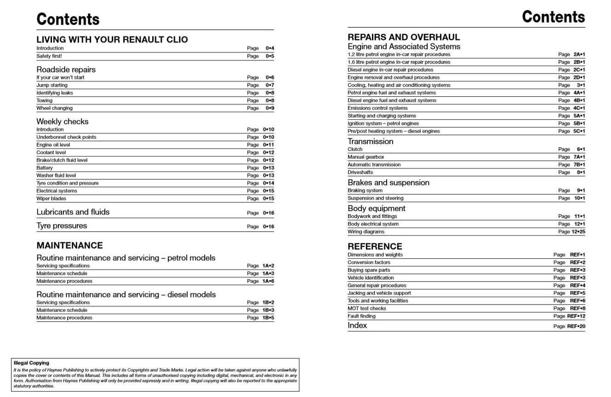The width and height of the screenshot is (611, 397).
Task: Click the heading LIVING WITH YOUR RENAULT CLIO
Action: tap(112, 39)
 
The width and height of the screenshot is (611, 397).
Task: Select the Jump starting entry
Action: tap(52, 85)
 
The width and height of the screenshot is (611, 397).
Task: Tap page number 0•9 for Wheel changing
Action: tap(269, 108)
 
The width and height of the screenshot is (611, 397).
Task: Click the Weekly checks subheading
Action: tap(63, 122)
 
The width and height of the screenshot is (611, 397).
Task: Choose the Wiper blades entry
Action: tap(51, 199)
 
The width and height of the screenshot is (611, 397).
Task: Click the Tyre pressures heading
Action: tap(62, 226)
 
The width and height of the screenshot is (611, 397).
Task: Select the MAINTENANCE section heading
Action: tap(70, 245)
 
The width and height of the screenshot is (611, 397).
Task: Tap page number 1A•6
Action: tap(268, 281)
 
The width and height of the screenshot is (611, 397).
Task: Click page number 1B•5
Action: tap(268, 318)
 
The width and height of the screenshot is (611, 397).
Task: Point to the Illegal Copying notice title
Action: tap(31, 363)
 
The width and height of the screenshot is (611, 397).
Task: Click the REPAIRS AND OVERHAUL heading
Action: tap(404, 37)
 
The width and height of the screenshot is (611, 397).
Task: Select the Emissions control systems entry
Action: tap(377, 108)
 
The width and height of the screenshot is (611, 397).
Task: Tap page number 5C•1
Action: tap(579, 131)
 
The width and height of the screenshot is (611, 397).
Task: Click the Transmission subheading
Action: tap(371, 141)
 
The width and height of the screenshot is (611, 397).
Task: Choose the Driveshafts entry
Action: tap(360, 173)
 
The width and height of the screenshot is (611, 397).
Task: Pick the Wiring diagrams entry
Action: tap(366, 232)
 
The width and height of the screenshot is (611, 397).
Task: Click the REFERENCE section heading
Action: tap(375, 246)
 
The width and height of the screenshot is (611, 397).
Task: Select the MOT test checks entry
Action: tap(367, 308)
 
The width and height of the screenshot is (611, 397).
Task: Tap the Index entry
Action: tap(357, 325)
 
